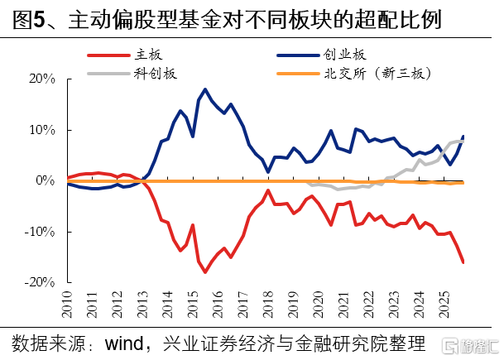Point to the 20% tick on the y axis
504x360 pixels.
point(41,79)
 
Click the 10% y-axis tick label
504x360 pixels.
point(41,130)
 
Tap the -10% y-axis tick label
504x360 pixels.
point(40,231)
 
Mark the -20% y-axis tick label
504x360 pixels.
point(40,281)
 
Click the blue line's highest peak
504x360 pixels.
point(204,89)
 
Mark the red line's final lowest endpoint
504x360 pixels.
point(463,263)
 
